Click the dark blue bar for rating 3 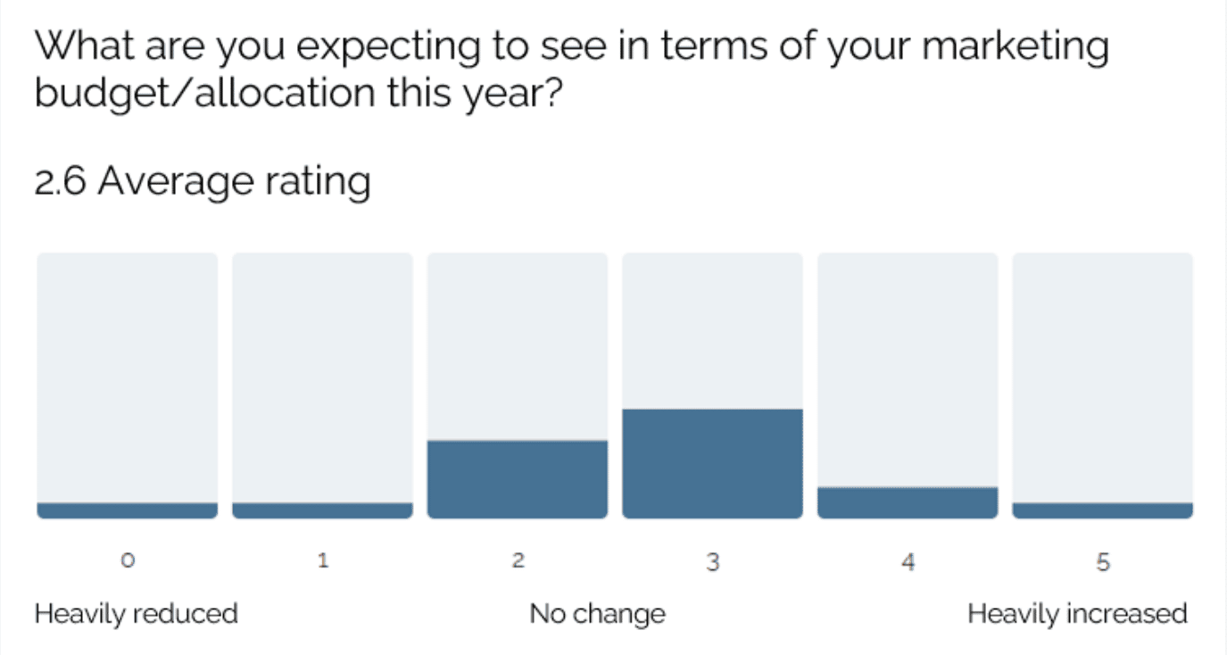point(713,463)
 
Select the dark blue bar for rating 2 point(518,479)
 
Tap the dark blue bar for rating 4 point(908,502)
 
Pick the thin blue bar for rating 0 point(127,510)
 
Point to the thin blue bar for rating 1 point(323,510)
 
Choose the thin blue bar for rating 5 point(1103,510)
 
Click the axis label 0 point(128,560)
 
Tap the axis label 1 point(323,560)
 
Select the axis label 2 point(518,560)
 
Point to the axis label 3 point(713,562)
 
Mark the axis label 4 point(908,562)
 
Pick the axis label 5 point(1103,562)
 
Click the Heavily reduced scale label point(136,614)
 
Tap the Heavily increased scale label point(1077,614)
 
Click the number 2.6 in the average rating point(61,181)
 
